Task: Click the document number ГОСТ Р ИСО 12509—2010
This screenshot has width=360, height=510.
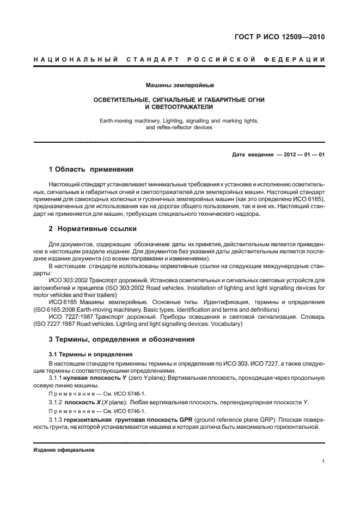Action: coord(279,38)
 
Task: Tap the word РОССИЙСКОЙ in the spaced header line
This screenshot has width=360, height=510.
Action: coord(221,59)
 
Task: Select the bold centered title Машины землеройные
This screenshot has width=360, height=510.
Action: coord(180,86)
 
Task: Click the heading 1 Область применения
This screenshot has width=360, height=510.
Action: coord(91,169)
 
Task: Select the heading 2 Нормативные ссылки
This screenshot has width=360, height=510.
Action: coord(93,229)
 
